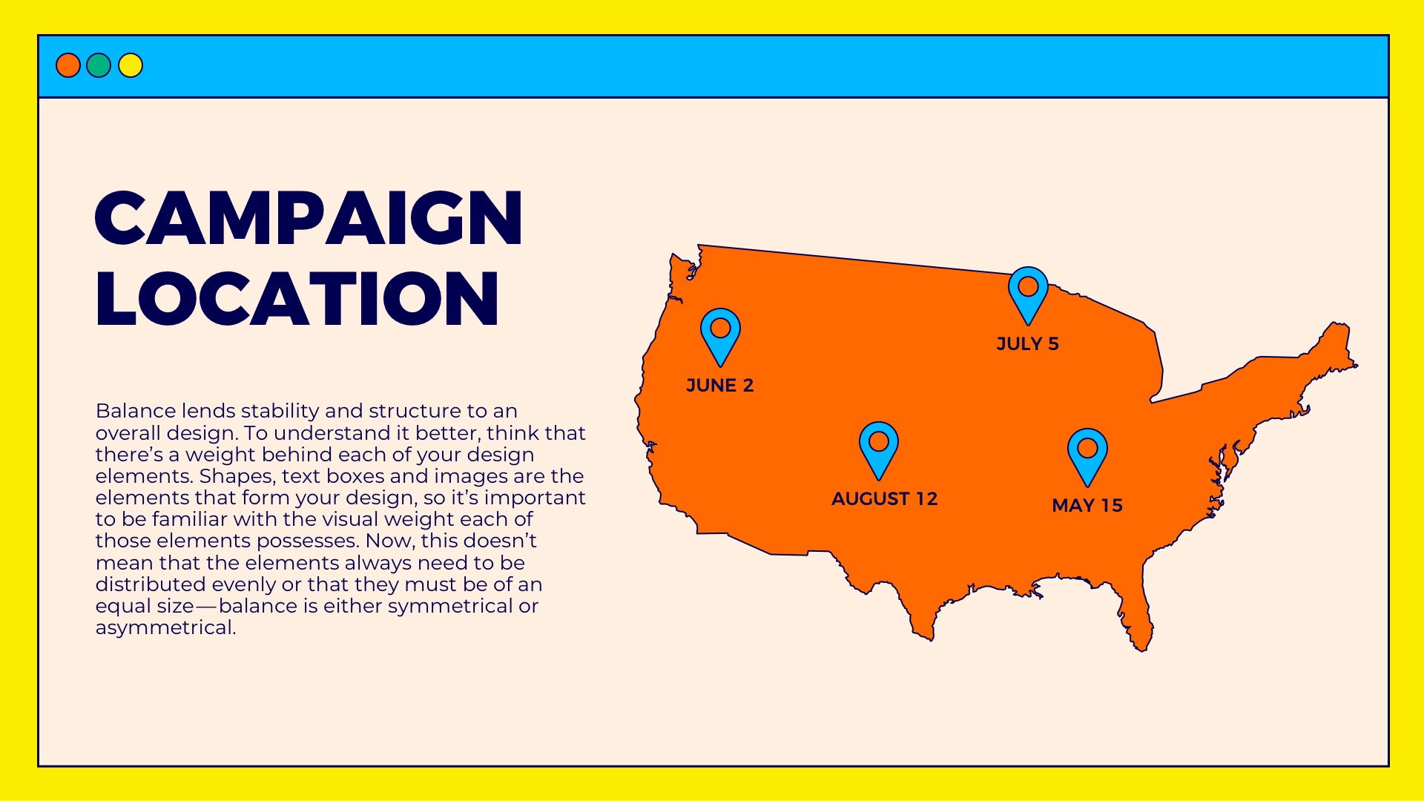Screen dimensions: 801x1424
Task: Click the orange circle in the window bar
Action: pyautogui.click(x=68, y=65)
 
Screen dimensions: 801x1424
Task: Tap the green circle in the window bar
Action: pyautogui.click(x=99, y=65)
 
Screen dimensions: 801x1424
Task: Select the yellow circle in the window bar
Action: pyautogui.click(x=131, y=65)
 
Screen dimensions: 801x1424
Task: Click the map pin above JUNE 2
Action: pyautogui.click(x=720, y=334)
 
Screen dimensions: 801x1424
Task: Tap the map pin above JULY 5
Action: pyautogui.click(x=1028, y=292)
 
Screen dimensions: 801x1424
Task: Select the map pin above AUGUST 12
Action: pyautogui.click(x=879, y=447)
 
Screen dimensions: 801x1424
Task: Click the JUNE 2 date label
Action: pyautogui.click(x=719, y=386)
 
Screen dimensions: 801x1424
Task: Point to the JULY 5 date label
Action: pyautogui.click(x=1027, y=344)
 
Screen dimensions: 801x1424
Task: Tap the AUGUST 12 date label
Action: pyautogui.click(x=884, y=499)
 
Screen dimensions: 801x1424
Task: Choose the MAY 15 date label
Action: pyautogui.click(x=1087, y=506)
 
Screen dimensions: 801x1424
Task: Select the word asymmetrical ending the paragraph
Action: pyautogui.click(x=165, y=627)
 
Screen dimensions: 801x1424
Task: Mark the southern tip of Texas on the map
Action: pyautogui.click(x=923, y=630)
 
